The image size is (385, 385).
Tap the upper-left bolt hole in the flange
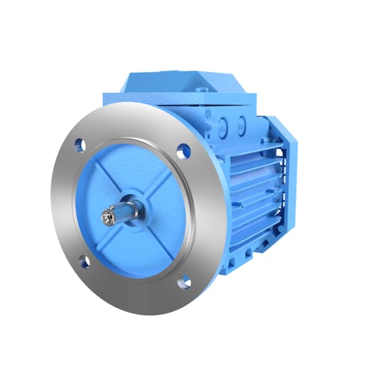pos(81,145)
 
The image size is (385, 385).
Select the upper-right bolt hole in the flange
pos(183,151)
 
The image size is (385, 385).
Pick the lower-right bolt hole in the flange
pos(184,282)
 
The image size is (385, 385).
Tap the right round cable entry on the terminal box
pos(241,126)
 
